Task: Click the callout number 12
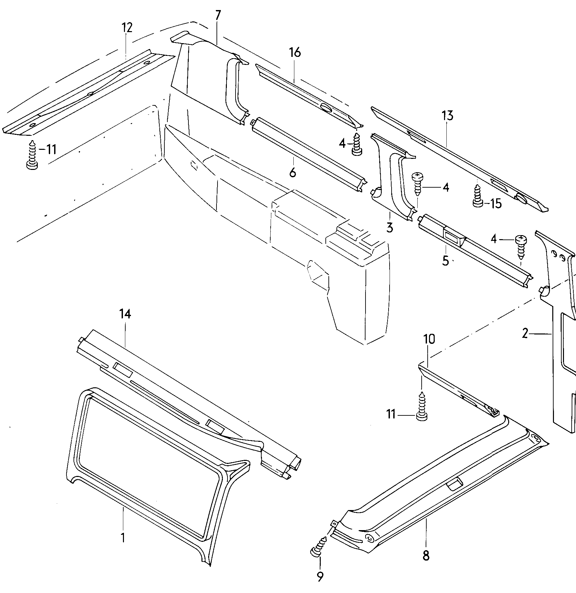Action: point(127,27)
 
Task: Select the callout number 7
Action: point(218,16)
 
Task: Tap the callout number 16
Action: point(295,53)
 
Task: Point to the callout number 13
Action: point(447,116)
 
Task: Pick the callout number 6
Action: point(292,173)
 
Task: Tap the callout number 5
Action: point(446,261)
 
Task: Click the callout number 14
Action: point(125,314)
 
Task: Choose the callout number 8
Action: point(426,556)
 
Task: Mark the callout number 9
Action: point(320,576)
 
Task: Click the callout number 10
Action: point(429,339)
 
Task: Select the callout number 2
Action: point(525,333)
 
